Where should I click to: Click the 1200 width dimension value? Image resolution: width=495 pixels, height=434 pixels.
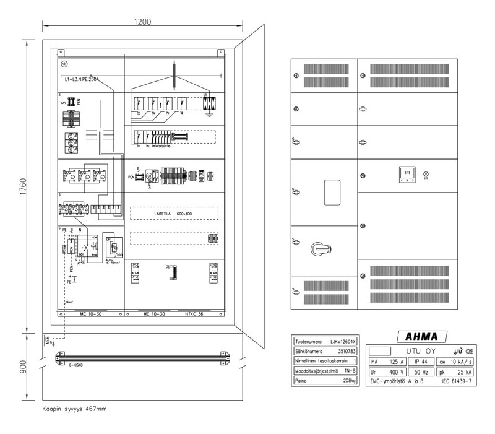(x=142, y=22)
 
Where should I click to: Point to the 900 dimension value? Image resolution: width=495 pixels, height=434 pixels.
(x=23, y=367)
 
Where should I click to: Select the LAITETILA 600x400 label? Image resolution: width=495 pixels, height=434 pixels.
(x=174, y=213)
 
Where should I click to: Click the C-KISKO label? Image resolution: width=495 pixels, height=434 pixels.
(x=76, y=365)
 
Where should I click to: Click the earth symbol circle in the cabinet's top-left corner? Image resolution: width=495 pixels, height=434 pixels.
(x=64, y=63)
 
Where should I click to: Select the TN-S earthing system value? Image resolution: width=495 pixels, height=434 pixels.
(x=350, y=371)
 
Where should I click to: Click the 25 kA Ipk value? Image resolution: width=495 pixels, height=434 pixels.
(x=463, y=373)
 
